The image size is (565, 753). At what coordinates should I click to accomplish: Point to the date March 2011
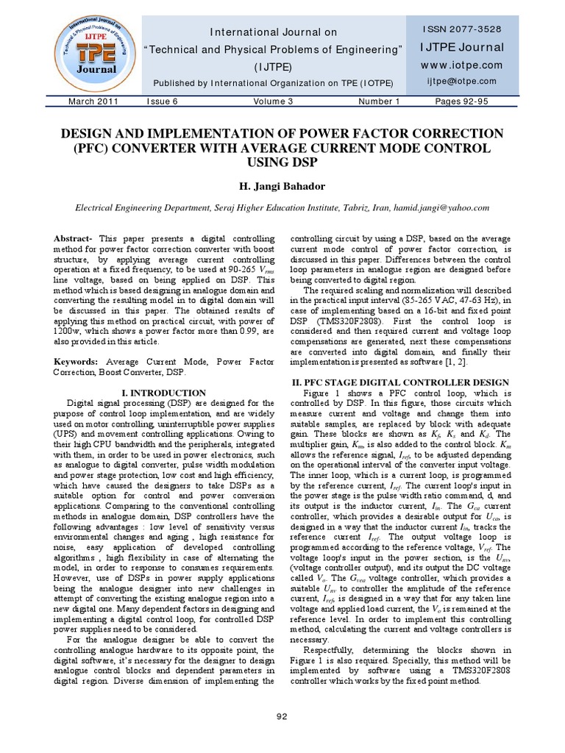tap(93, 101)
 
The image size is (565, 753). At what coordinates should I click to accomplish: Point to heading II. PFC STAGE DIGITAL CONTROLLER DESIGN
tap(400, 382)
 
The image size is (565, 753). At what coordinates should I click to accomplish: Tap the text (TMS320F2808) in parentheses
tap(341, 322)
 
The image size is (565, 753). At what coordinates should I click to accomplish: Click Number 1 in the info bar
tap(379, 101)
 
